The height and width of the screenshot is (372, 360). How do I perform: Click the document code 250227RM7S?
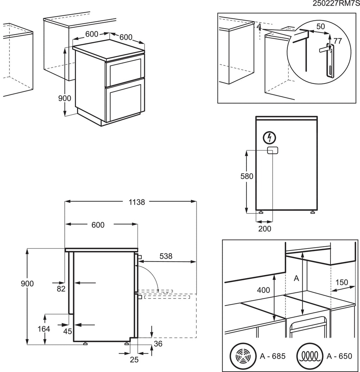pyautogui.click(x=336, y=4)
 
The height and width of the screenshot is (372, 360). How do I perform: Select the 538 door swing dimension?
pyautogui.click(x=166, y=256)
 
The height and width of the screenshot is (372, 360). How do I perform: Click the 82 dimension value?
pyautogui.click(x=61, y=289)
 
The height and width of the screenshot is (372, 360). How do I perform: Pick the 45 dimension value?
pyautogui.click(x=67, y=331)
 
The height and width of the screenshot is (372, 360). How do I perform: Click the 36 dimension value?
pyautogui.click(x=158, y=344)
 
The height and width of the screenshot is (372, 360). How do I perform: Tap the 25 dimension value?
pyautogui.click(x=134, y=359)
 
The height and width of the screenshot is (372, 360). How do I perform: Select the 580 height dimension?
pyautogui.click(x=247, y=176)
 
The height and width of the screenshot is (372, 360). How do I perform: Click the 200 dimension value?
pyautogui.click(x=265, y=229)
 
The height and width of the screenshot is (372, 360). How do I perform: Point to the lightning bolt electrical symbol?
pyautogui.click(x=270, y=137)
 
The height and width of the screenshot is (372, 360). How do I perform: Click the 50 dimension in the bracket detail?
pyautogui.click(x=320, y=26)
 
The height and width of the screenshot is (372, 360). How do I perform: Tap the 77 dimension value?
pyautogui.click(x=337, y=41)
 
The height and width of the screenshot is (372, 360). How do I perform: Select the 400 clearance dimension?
pyautogui.click(x=263, y=290)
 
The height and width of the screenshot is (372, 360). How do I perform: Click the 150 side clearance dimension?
pyautogui.click(x=341, y=282)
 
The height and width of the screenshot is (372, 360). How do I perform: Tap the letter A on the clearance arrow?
pyautogui.click(x=296, y=278)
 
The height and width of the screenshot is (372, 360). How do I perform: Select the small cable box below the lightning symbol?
pyautogui.click(x=272, y=150)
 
